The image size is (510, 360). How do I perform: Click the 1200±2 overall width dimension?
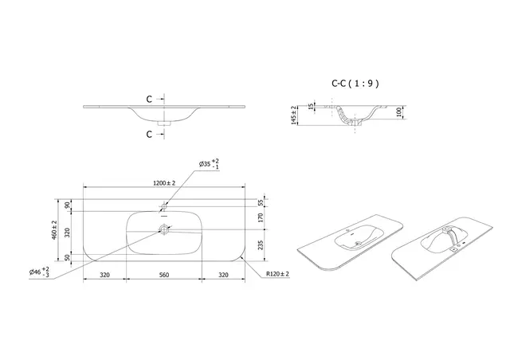pyautogui.click(x=163, y=183)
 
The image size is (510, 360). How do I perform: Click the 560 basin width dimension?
pyautogui.click(x=163, y=274)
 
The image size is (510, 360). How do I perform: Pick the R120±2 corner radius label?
pyautogui.click(x=278, y=274)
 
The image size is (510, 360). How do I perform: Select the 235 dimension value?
pyautogui.click(x=261, y=245)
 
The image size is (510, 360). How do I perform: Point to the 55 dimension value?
pyautogui.click(x=261, y=202)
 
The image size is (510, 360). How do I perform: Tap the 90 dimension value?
pyautogui.click(x=68, y=205)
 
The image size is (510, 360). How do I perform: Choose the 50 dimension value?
pyautogui.click(x=68, y=257)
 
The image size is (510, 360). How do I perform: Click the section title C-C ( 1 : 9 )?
pyautogui.click(x=355, y=82)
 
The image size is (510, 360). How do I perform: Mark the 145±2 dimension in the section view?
pyautogui.click(x=295, y=115)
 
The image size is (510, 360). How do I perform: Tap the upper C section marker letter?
pyautogui.click(x=149, y=100)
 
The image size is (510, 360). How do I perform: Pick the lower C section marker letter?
pyautogui.click(x=149, y=134)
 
